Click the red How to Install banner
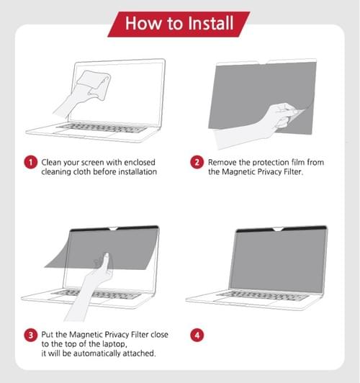(179, 24)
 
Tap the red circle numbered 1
(31, 163)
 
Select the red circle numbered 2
(197, 163)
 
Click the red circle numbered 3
(31, 335)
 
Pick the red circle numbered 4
(197, 335)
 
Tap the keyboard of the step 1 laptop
(102, 127)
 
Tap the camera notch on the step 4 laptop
(278, 229)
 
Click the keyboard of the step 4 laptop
(263, 295)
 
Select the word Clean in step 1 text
(51, 163)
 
